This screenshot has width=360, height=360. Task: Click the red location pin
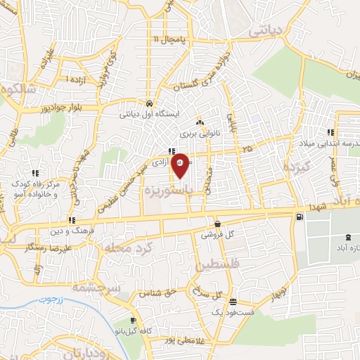(x=180, y=165)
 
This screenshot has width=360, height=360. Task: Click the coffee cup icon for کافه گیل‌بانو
(x=133, y=321)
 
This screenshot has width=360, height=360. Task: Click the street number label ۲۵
(x=247, y=150)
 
